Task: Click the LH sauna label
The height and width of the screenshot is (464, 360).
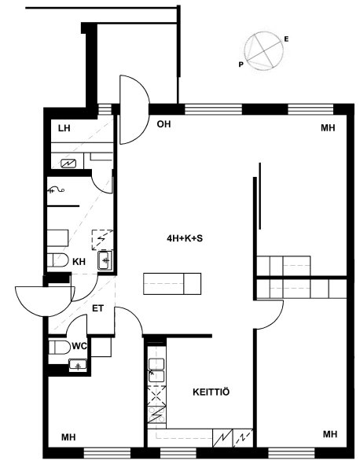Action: pos(64,128)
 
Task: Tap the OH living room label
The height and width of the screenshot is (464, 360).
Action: pos(163,124)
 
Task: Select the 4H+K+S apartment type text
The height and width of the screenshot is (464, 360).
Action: pos(185,238)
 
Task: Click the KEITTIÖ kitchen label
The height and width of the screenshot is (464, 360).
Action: pos(211,392)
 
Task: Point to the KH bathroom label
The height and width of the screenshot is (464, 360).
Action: pos(79,262)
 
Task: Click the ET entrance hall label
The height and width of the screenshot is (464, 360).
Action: pos(98,308)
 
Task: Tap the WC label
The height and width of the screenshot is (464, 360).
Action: pos(79,345)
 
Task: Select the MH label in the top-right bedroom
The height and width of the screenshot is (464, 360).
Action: pos(328,128)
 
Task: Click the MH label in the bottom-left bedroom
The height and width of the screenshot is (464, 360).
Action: pos(68,437)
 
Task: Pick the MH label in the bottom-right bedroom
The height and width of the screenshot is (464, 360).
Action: pos(330,434)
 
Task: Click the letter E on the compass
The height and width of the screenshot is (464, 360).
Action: pos(286,39)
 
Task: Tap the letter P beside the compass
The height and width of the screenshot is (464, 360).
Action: pos(241,64)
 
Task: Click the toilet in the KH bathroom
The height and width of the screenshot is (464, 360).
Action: pos(57,260)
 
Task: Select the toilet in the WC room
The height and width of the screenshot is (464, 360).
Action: pos(59,347)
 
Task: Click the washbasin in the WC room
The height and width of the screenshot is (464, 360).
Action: pos(78,364)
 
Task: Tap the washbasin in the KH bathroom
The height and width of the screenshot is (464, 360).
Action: pos(105,260)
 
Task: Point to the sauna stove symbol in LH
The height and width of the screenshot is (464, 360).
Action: pos(68,163)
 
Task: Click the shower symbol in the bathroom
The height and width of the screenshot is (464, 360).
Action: pos(56,190)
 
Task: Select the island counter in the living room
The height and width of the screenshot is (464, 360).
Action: pos(172,284)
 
